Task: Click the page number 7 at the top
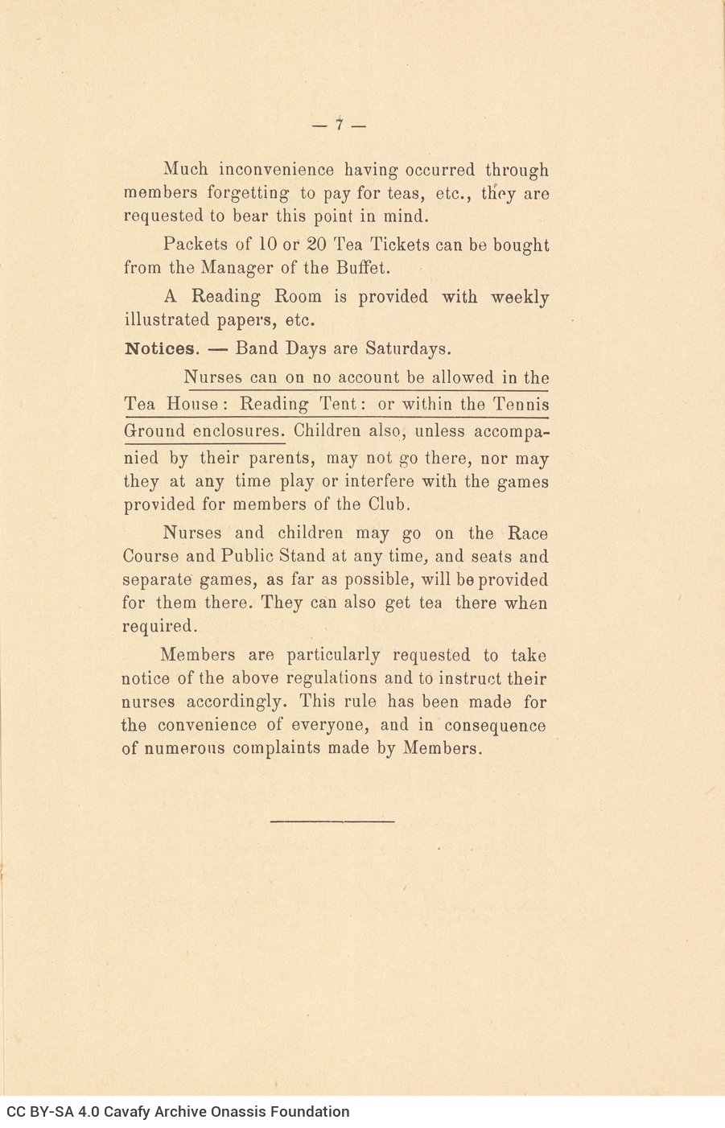click(339, 125)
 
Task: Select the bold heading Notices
click(159, 349)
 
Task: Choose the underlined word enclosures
click(239, 431)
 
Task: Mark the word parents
click(278, 459)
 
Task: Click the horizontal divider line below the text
click(332, 821)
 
